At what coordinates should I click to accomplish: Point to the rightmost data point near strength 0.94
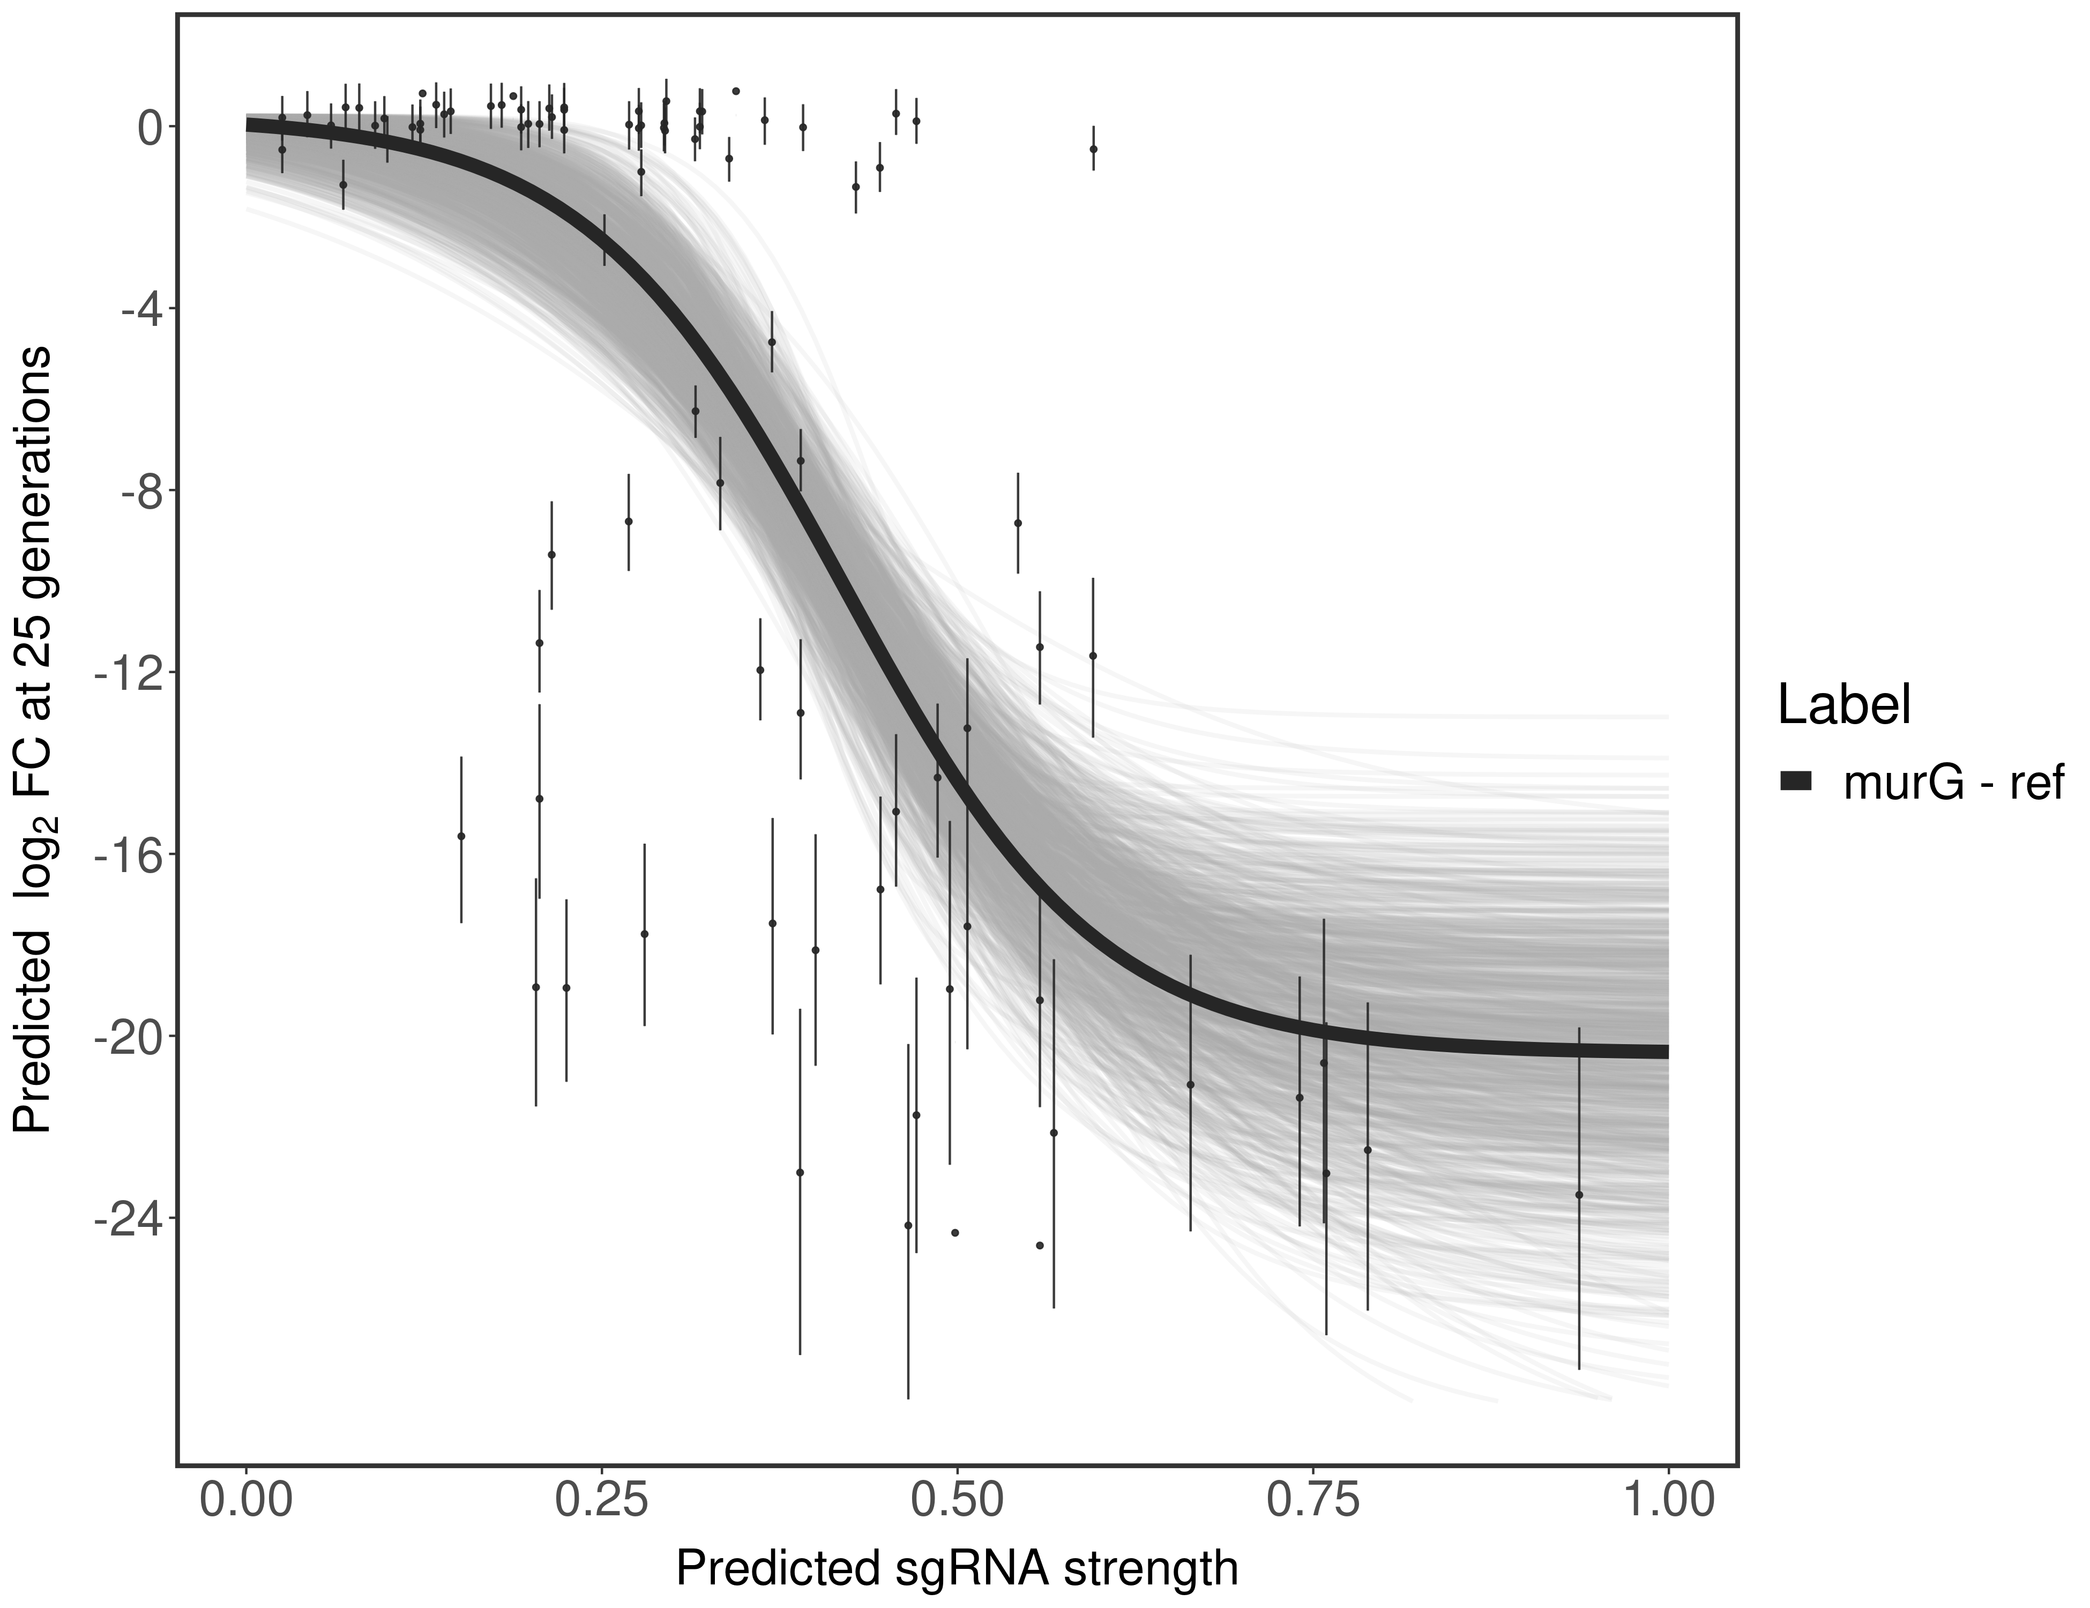click(x=1579, y=1195)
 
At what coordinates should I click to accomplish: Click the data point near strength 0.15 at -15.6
click(x=461, y=836)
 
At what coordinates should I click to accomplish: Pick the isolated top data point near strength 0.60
click(x=1093, y=150)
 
